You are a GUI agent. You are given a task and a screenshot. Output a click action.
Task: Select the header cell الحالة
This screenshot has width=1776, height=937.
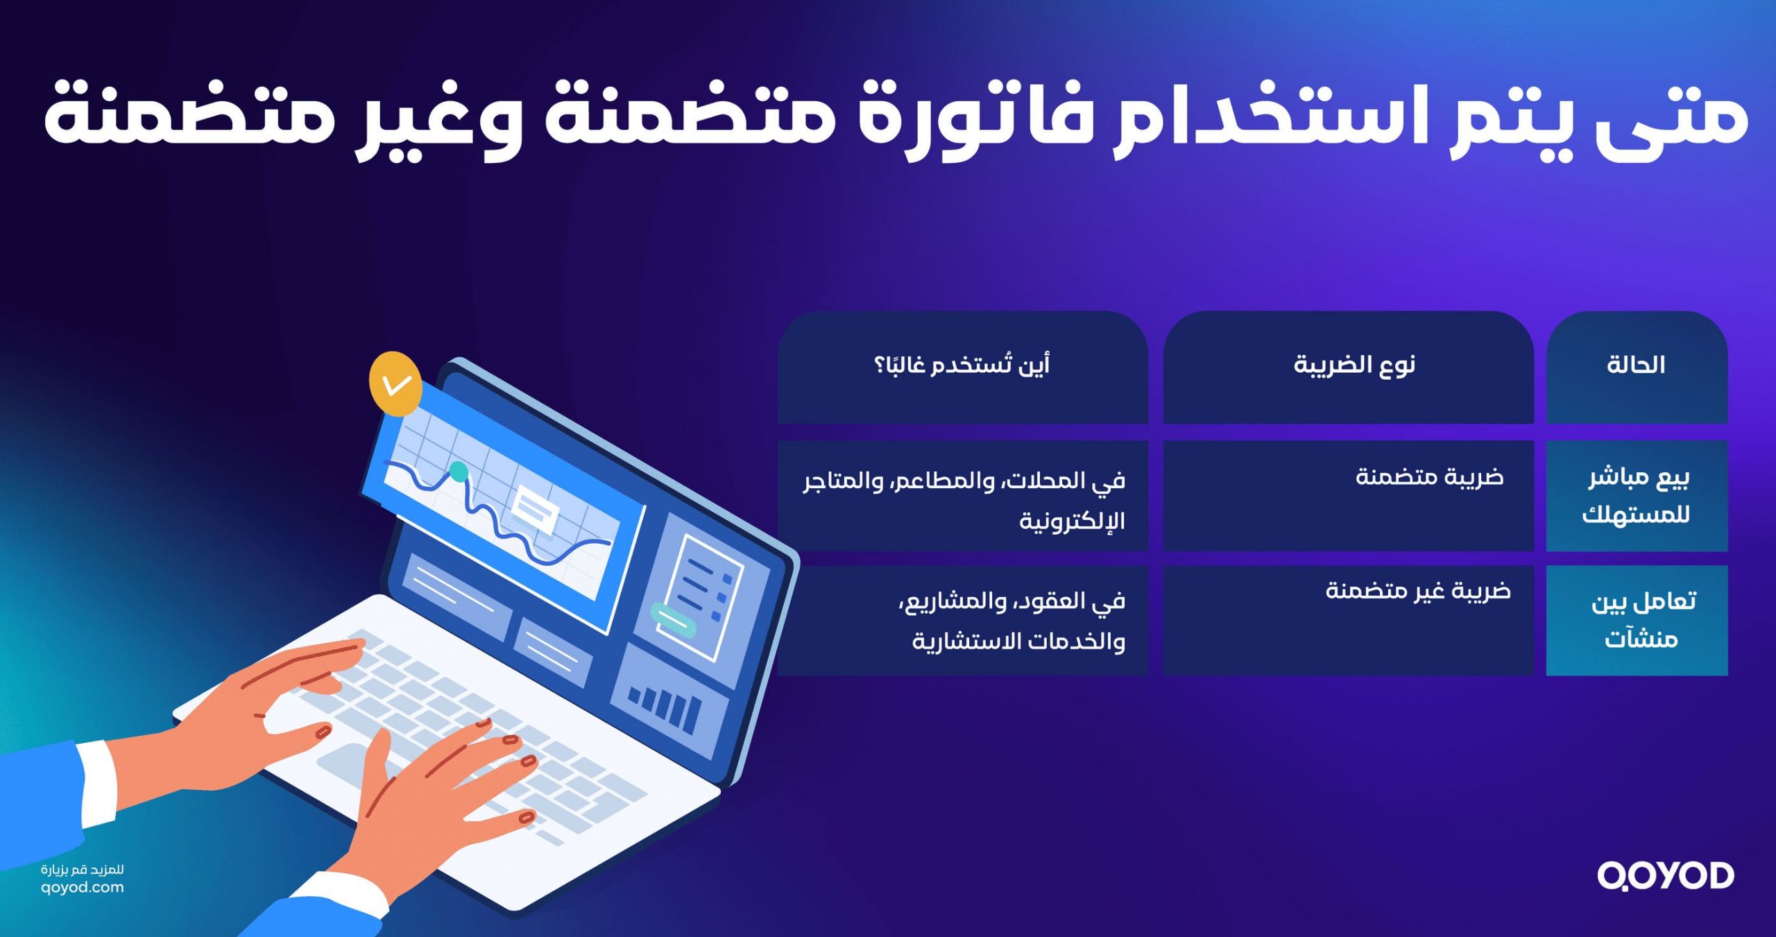coord(1636,366)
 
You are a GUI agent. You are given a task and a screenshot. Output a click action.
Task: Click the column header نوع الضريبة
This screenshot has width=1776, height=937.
coord(1354,366)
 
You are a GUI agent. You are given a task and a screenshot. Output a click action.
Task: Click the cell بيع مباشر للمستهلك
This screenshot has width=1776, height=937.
coord(1636,496)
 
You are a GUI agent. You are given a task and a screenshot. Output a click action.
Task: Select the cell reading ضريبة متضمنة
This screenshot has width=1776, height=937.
coord(1429,478)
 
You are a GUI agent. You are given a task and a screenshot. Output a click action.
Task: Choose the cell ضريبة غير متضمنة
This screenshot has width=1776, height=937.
coord(1418,592)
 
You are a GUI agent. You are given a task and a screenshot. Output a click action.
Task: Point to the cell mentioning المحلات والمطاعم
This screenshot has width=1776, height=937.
coord(964,499)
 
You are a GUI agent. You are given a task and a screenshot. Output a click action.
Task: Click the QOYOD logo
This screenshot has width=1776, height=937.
coord(1665,876)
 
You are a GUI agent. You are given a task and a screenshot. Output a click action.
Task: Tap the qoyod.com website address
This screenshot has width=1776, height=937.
coord(83,888)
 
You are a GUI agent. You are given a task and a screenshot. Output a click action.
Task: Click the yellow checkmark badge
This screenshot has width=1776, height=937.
coord(395,384)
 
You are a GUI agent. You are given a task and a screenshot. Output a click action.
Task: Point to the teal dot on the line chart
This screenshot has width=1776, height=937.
coord(459,472)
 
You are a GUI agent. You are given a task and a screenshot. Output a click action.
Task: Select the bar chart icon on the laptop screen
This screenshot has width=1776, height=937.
coord(664,705)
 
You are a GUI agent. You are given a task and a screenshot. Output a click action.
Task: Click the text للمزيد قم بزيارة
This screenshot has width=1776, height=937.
coord(83,870)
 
